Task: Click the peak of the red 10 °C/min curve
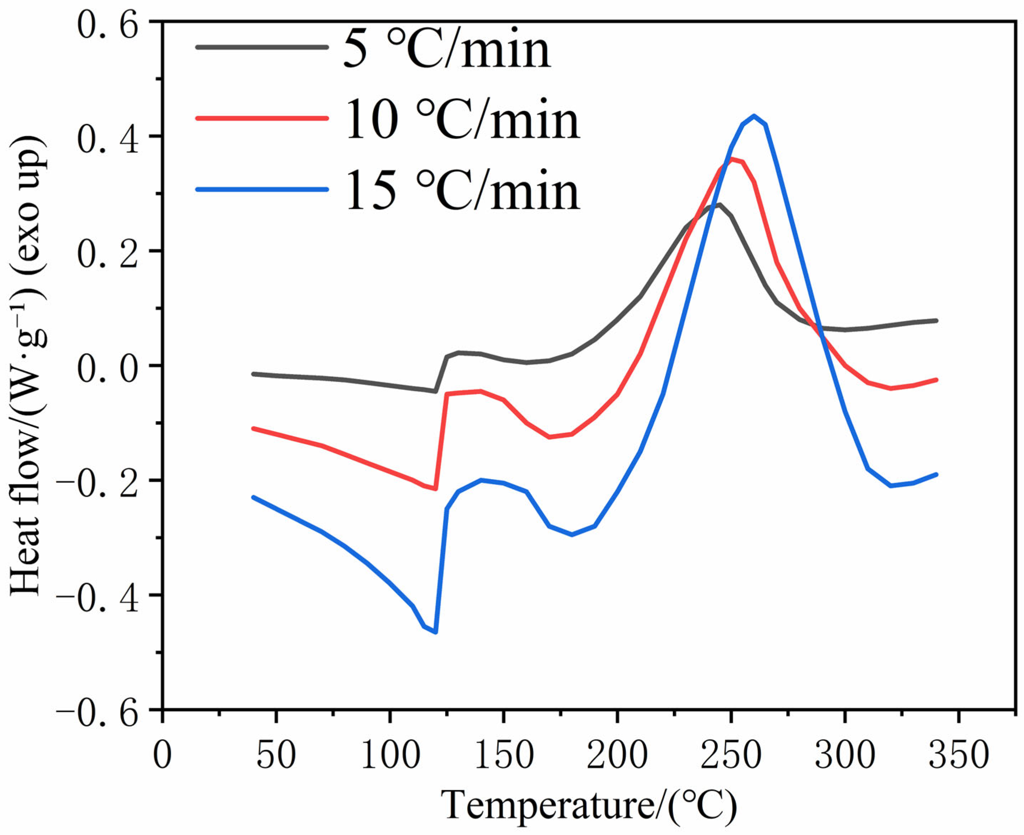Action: (x=731, y=158)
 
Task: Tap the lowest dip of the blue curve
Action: (x=436, y=632)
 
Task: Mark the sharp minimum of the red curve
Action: (x=436, y=489)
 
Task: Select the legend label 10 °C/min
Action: (x=462, y=121)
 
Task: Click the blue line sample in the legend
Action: (x=262, y=190)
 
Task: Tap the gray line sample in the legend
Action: (x=262, y=47)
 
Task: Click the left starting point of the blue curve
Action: (x=253, y=497)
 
